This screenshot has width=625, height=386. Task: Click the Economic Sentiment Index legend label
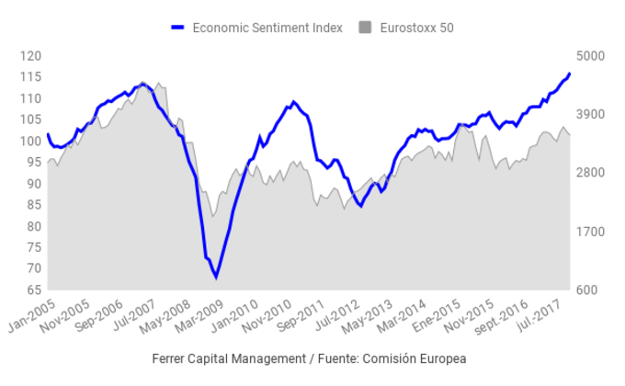267,28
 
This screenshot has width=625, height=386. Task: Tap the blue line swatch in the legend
178,28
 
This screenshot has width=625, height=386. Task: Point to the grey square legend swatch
366,28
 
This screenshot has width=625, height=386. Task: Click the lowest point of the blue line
216,277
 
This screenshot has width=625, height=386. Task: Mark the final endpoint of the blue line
570,73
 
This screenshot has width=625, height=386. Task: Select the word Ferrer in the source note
171,358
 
